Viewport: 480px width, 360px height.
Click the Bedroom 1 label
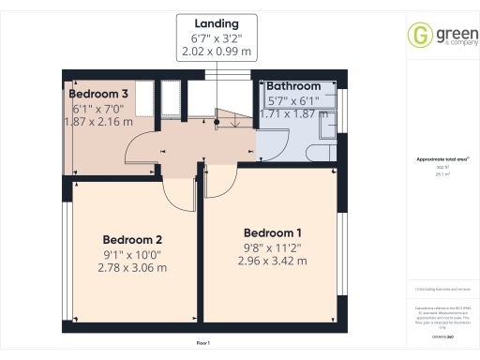pos(272,232)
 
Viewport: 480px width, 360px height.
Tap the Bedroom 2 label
pos(132,238)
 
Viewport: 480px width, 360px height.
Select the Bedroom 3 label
pos(97,94)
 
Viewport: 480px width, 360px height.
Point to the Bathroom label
pos(294,86)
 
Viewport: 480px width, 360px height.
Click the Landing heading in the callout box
pos(217,22)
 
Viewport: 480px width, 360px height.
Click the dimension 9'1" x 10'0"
pos(132,253)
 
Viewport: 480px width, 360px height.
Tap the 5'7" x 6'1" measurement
pos(292,99)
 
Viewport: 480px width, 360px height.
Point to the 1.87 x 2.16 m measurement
pos(97,121)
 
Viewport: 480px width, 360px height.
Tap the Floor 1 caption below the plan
pos(202,344)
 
